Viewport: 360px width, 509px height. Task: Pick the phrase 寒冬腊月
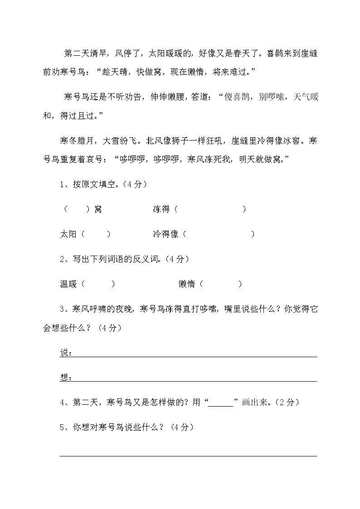point(77,141)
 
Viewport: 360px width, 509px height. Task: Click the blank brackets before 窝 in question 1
point(77,209)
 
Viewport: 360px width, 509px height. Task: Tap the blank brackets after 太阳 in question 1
point(96,234)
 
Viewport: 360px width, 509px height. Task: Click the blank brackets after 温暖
point(99,284)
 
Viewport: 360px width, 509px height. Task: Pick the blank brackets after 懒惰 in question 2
point(220,284)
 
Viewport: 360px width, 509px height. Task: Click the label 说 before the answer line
point(63,353)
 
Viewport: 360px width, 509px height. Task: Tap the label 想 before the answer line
point(63,378)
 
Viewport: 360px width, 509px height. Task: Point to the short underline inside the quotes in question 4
point(220,402)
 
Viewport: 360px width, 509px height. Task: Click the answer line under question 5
point(188,456)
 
